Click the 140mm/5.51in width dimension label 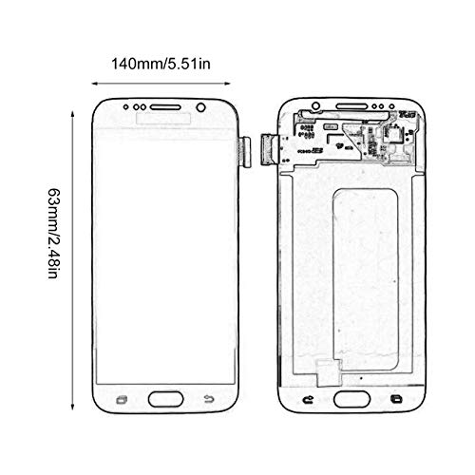(x=161, y=64)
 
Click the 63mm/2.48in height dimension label (x=53, y=234)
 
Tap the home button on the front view (x=165, y=399)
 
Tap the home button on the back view (x=351, y=399)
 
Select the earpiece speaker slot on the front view (x=165, y=107)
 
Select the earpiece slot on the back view (x=351, y=106)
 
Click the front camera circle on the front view (x=200, y=107)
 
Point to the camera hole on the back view (x=315, y=105)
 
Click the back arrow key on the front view (x=209, y=399)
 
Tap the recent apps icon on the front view (x=122, y=400)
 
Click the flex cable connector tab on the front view (x=245, y=152)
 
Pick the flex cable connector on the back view (x=270, y=150)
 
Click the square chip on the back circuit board (x=391, y=134)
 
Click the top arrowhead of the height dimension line (x=72, y=114)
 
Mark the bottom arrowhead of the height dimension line (x=72, y=408)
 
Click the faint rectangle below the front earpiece (x=163, y=118)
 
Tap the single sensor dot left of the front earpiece (x=126, y=107)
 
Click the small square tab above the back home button (x=329, y=372)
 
